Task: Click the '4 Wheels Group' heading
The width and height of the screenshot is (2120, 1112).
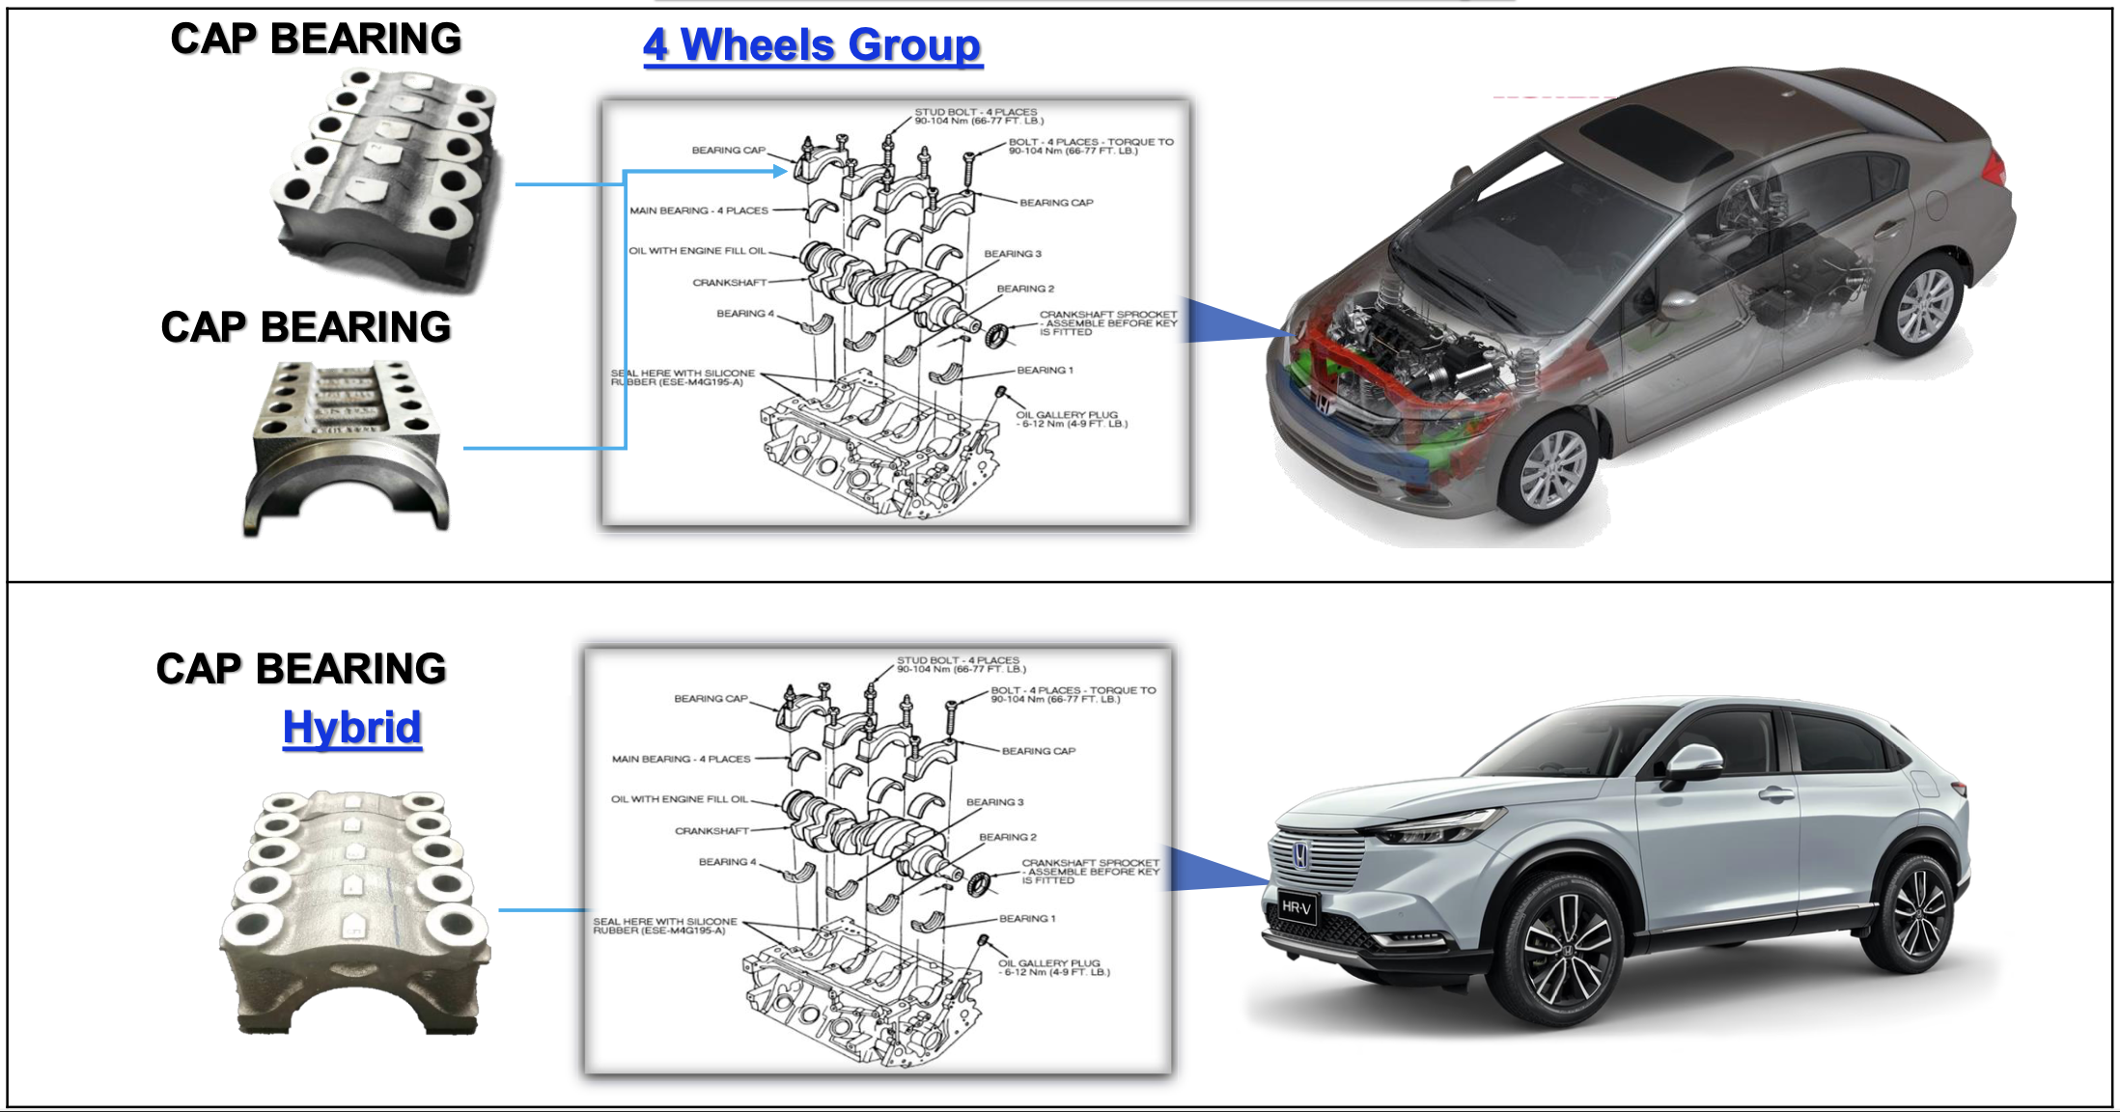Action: [813, 45]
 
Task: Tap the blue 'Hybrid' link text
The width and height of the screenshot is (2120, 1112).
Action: [352, 728]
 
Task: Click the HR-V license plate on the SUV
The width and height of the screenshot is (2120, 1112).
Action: [1296, 907]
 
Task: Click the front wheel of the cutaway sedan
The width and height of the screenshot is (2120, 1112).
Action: [1553, 468]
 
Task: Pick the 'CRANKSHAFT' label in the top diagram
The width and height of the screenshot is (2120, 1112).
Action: [730, 283]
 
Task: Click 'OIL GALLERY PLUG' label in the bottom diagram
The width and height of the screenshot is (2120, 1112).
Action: [1049, 963]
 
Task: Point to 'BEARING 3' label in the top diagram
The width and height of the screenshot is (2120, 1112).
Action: [1013, 254]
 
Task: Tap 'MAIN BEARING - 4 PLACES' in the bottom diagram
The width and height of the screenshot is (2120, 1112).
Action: [681, 759]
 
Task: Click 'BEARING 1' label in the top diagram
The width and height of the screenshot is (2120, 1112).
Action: [1045, 371]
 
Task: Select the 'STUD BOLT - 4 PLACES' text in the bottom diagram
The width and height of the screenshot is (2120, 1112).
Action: [958, 660]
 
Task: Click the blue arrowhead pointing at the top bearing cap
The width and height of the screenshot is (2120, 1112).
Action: [780, 171]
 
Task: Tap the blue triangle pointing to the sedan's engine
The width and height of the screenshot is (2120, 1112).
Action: [1231, 321]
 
